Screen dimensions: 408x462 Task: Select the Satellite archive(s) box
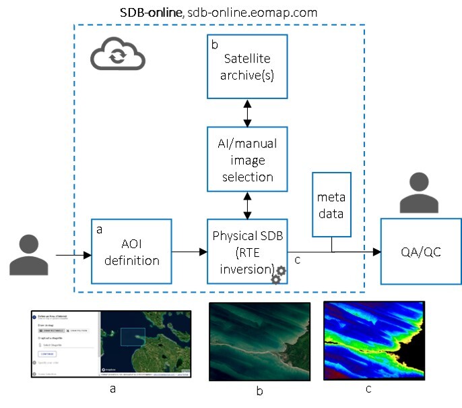[x=246, y=65]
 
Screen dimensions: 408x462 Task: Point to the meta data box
[x=332, y=204]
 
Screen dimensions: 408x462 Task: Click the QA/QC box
[x=420, y=252]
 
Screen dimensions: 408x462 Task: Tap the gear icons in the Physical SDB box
[x=277, y=274]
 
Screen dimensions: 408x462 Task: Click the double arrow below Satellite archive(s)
[x=246, y=113]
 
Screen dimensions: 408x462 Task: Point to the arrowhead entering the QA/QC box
[x=376, y=254]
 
